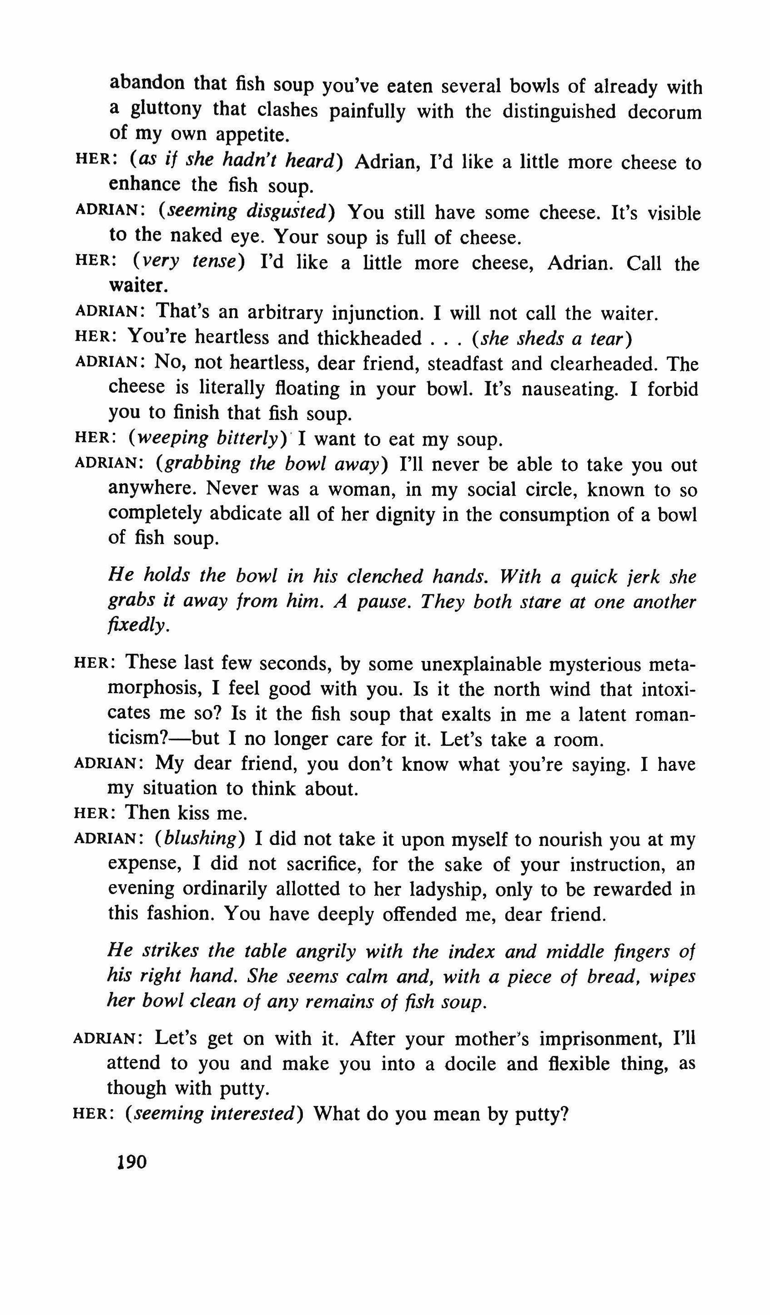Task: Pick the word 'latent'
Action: [596, 714]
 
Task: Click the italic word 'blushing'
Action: [200, 838]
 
